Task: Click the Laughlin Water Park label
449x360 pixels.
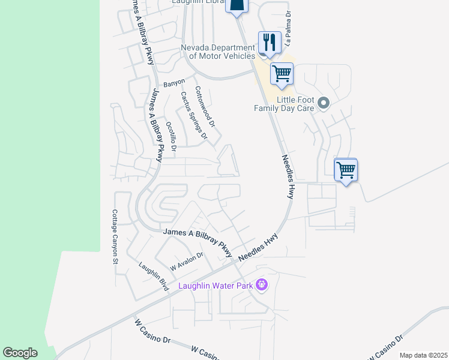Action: (x=215, y=286)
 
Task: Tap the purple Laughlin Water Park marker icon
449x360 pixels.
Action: (x=261, y=284)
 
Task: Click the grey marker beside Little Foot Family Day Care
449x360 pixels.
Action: (x=324, y=104)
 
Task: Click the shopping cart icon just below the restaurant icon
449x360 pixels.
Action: (x=282, y=74)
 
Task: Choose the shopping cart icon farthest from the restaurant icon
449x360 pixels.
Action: (x=346, y=170)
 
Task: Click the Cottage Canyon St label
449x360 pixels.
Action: (x=114, y=236)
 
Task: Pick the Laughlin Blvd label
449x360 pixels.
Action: (x=153, y=277)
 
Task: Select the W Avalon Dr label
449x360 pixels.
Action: (x=187, y=261)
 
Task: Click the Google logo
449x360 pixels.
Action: (x=20, y=353)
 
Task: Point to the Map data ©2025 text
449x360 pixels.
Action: (x=423, y=355)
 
